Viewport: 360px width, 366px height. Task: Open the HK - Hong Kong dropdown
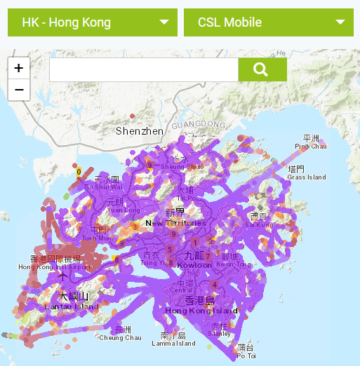(x=92, y=22)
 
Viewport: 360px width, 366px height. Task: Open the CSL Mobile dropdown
(x=268, y=22)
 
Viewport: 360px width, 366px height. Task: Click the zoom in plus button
(x=18, y=68)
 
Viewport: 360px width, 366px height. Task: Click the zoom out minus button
(x=18, y=90)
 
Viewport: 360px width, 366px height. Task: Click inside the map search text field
(x=144, y=69)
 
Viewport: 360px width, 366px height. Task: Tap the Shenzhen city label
(x=140, y=131)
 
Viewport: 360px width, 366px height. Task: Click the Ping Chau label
(x=310, y=146)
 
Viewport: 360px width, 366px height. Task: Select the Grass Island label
(x=307, y=177)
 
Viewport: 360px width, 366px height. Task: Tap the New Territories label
(x=175, y=223)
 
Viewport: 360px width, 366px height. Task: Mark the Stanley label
(x=220, y=334)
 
